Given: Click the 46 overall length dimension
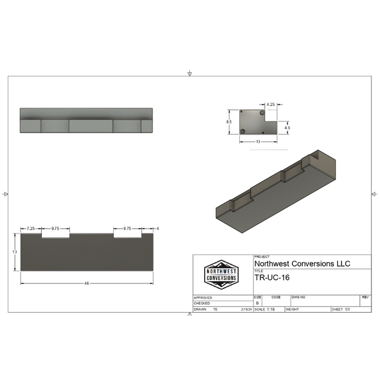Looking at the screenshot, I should tap(86, 283).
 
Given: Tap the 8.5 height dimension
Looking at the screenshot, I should tap(229, 122).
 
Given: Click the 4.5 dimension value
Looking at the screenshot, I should tap(287, 128).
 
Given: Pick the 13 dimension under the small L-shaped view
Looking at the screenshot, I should tap(258, 142).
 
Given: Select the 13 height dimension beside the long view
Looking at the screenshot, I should tap(15, 252).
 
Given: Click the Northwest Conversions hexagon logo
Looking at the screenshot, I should tap(221, 274).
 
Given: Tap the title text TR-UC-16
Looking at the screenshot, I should tap(272, 277).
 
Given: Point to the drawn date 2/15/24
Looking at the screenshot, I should tap(246, 309).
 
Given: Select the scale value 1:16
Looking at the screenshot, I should tap(271, 309).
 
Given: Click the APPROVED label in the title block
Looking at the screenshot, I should tap(203, 297).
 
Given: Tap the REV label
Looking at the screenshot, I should tap(365, 297).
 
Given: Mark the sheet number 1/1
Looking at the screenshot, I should tap(348, 309).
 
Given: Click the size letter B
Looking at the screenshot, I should tap(257, 303).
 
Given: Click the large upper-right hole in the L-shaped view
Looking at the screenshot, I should tap(263, 112).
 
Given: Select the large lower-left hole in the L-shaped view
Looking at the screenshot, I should tap(243, 131).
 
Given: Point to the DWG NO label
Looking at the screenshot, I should tap(299, 297).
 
